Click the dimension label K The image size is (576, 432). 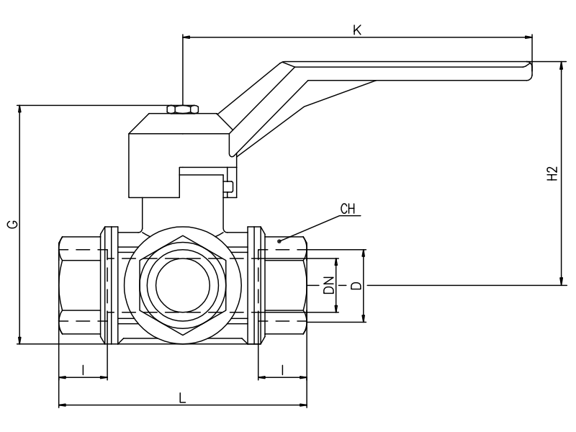click(356, 30)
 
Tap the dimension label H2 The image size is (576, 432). click(552, 174)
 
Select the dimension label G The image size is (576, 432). click(12, 225)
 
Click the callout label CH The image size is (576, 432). click(348, 210)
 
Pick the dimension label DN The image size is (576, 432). click(328, 285)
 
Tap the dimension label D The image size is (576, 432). click(355, 285)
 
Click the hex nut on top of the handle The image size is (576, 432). click(183, 109)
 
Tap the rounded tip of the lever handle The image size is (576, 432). click(528, 70)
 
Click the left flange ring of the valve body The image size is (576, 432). click(110, 286)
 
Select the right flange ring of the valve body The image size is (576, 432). click(256, 286)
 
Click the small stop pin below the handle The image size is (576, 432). click(228, 188)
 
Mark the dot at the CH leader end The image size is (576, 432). click(280, 240)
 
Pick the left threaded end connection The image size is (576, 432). click(79, 286)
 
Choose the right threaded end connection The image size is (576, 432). click(286, 286)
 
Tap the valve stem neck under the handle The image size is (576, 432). click(182, 215)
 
